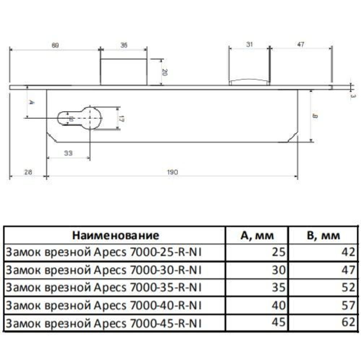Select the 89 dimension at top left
pos(55,45)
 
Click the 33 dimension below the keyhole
pos(68,153)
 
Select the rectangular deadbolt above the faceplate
pos(123,72)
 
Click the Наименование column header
pos(116,236)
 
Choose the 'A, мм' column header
pos(257,236)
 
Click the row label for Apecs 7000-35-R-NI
pos(104,287)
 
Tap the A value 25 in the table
pos(280,252)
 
